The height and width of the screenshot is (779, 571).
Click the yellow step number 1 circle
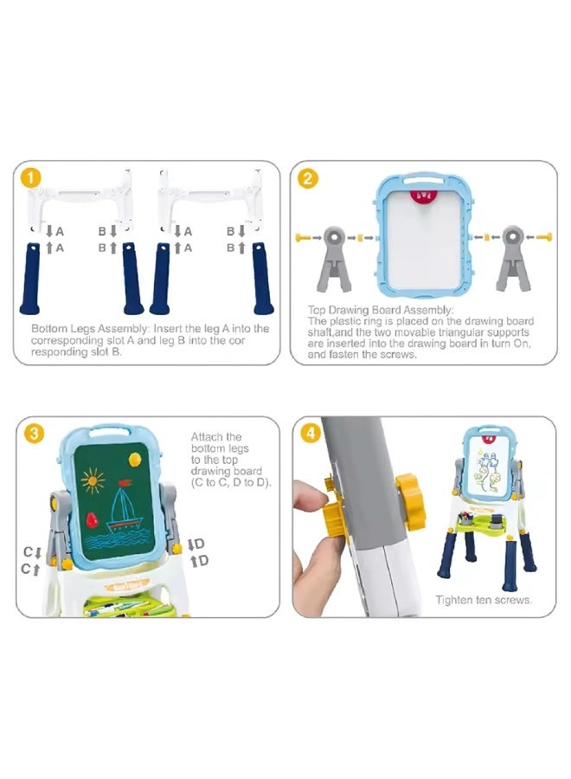click(31, 178)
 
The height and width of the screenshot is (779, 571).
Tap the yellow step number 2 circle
click(308, 178)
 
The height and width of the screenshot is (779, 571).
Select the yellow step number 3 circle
click(34, 434)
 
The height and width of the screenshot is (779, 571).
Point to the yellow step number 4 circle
click(311, 434)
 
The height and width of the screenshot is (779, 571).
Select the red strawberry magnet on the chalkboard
click(92, 519)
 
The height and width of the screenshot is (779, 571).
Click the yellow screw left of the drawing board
click(303, 237)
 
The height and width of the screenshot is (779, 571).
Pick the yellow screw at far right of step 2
click(544, 237)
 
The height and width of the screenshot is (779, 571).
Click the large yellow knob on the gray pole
click(411, 502)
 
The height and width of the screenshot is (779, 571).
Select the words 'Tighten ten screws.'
click(484, 600)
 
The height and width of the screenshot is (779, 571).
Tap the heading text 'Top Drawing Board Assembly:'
click(381, 310)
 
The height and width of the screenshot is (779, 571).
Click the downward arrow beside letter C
click(37, 552)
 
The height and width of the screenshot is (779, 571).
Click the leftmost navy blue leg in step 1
click(30, 279)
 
